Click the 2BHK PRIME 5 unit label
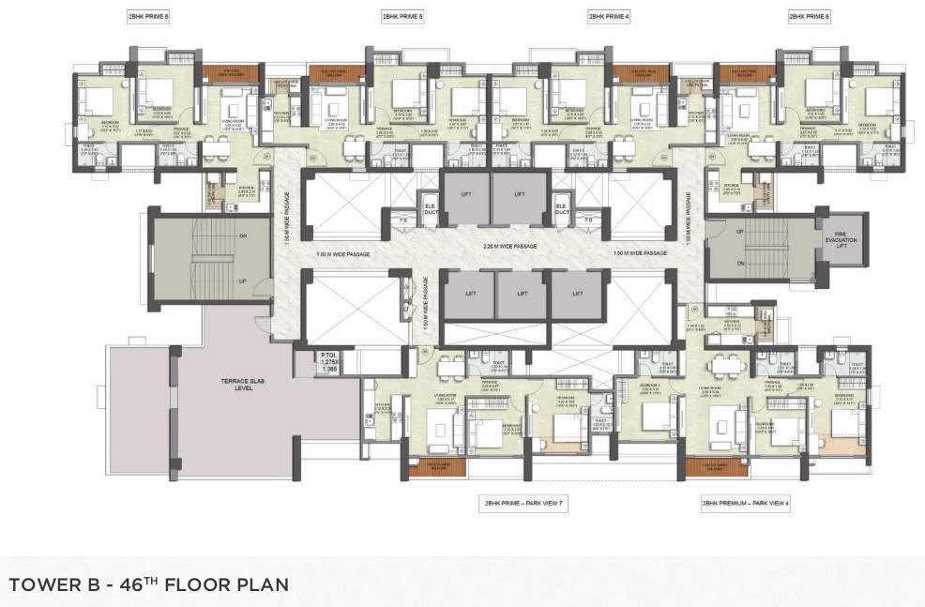point(402,17)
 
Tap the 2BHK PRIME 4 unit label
point(609,17)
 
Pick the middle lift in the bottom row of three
point(522,294)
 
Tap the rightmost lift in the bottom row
point(575,294)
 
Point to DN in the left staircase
point(215,237)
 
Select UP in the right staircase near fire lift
point(740,232)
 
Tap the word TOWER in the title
point(42,584)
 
